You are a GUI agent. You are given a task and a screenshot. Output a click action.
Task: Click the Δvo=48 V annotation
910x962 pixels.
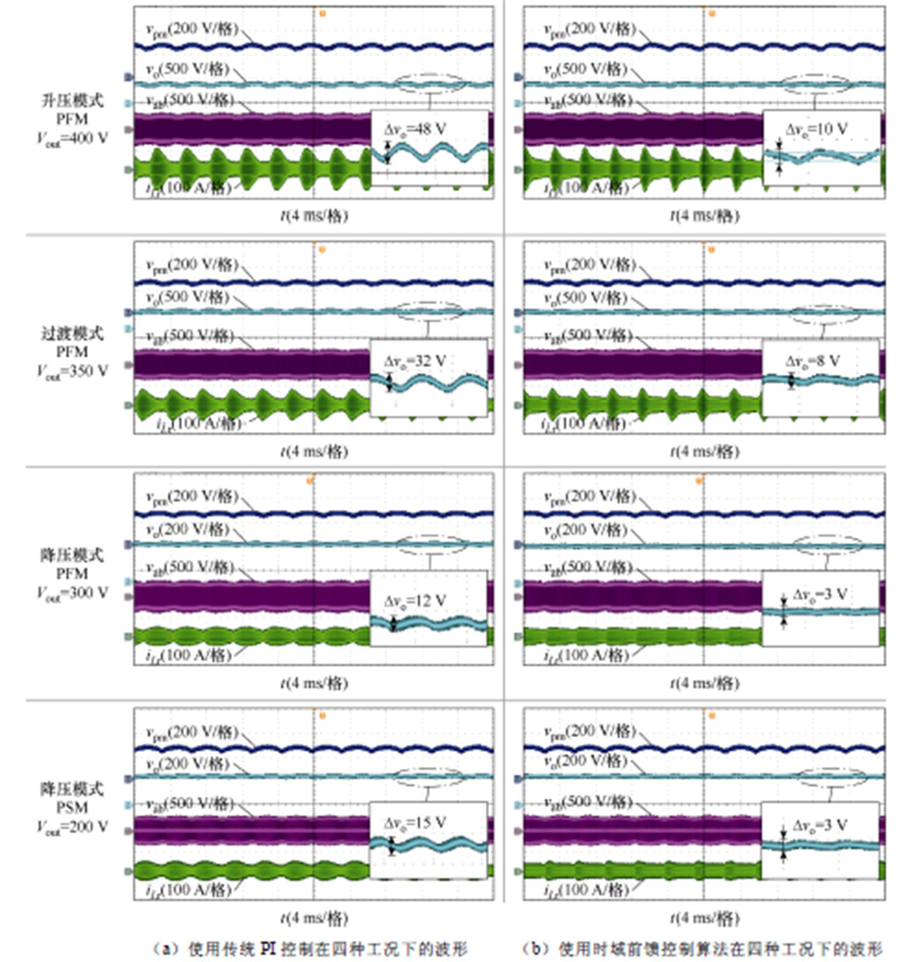414,129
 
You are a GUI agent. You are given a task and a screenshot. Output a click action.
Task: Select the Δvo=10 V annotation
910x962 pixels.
816,130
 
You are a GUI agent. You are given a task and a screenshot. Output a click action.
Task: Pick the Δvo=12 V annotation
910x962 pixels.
414,601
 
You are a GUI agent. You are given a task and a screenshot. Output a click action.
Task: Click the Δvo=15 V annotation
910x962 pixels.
414,823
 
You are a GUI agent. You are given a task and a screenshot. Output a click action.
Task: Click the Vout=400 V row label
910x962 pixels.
72,139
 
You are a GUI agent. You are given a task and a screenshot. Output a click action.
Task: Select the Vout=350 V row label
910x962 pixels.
72,371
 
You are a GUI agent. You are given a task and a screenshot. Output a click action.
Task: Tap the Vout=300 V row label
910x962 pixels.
72,593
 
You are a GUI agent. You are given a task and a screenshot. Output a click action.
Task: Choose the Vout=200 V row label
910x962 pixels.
72,827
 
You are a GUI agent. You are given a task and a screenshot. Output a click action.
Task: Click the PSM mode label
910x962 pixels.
72,808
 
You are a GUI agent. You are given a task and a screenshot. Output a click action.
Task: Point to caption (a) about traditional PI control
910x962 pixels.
310,949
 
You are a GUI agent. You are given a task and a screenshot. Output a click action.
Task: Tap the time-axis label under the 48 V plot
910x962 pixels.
314,216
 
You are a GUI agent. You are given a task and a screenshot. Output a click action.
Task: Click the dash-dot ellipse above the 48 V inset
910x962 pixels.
431,83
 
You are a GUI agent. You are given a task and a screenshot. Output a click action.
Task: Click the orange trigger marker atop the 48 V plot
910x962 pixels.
322,13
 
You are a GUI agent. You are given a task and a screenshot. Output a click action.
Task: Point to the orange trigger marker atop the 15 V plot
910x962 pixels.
322,716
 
